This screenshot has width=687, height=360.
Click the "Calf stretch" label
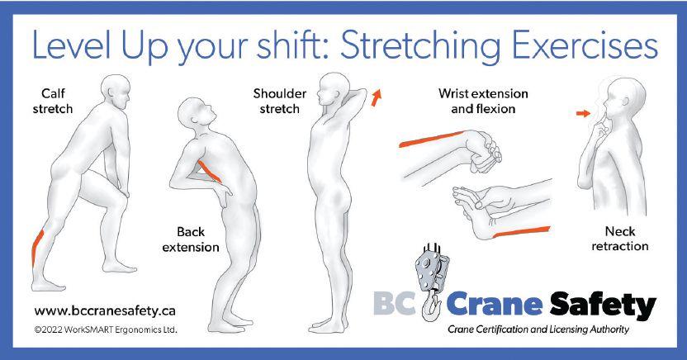[53, 102]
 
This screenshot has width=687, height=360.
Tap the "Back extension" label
[191, 239]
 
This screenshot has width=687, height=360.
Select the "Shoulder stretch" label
[280, 102]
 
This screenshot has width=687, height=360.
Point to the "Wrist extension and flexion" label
[483, 102]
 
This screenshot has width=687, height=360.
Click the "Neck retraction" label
[620, 239]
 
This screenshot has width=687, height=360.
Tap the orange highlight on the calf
[38, 248]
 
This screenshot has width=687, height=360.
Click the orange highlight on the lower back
[209, 171]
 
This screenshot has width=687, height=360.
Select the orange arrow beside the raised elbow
[377, 97]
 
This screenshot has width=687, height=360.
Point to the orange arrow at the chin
[583, 113]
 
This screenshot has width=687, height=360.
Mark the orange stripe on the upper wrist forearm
[431, 139]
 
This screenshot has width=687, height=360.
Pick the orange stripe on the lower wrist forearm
[521, 232]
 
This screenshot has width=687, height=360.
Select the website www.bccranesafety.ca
[105, 311]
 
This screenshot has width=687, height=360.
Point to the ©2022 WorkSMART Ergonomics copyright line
[106, 329]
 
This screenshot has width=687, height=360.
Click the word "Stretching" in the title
[420, 46]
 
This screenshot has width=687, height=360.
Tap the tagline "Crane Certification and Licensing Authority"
[538, 329]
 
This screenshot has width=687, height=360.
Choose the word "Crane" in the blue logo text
[495, 304]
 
